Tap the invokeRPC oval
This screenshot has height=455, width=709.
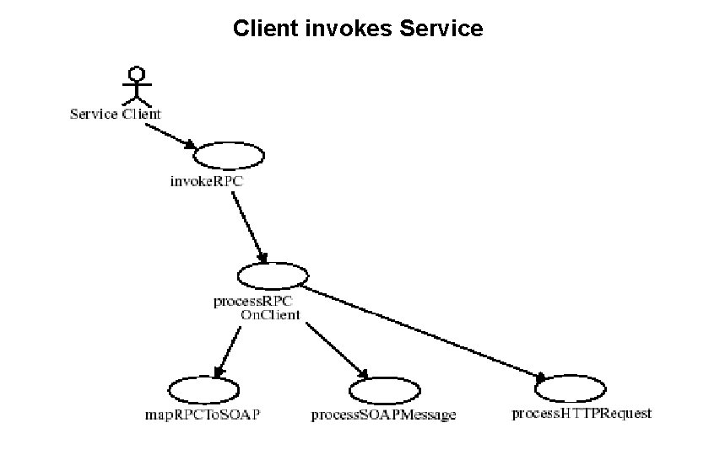pyautogui.click(x=229, y=155)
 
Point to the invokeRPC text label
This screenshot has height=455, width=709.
pyautogui.click(x=198, y=181)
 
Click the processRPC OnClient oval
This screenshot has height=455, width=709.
pyautogui.click(x=273, y=276)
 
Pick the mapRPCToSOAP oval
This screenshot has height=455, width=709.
pyautogui.click(x=203, y=390)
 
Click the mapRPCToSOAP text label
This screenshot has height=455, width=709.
pyautogui.click(x=203, y=415)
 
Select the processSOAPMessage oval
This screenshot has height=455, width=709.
pyautogui.click(x=384, y=390)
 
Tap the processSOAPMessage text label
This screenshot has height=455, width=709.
pyautogui.click(x=383, y=415)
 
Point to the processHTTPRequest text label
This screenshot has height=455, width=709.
pyautogui.click(x=582, y=413)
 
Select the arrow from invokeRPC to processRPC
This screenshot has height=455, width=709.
pyautogui.click(x=249, y=226)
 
